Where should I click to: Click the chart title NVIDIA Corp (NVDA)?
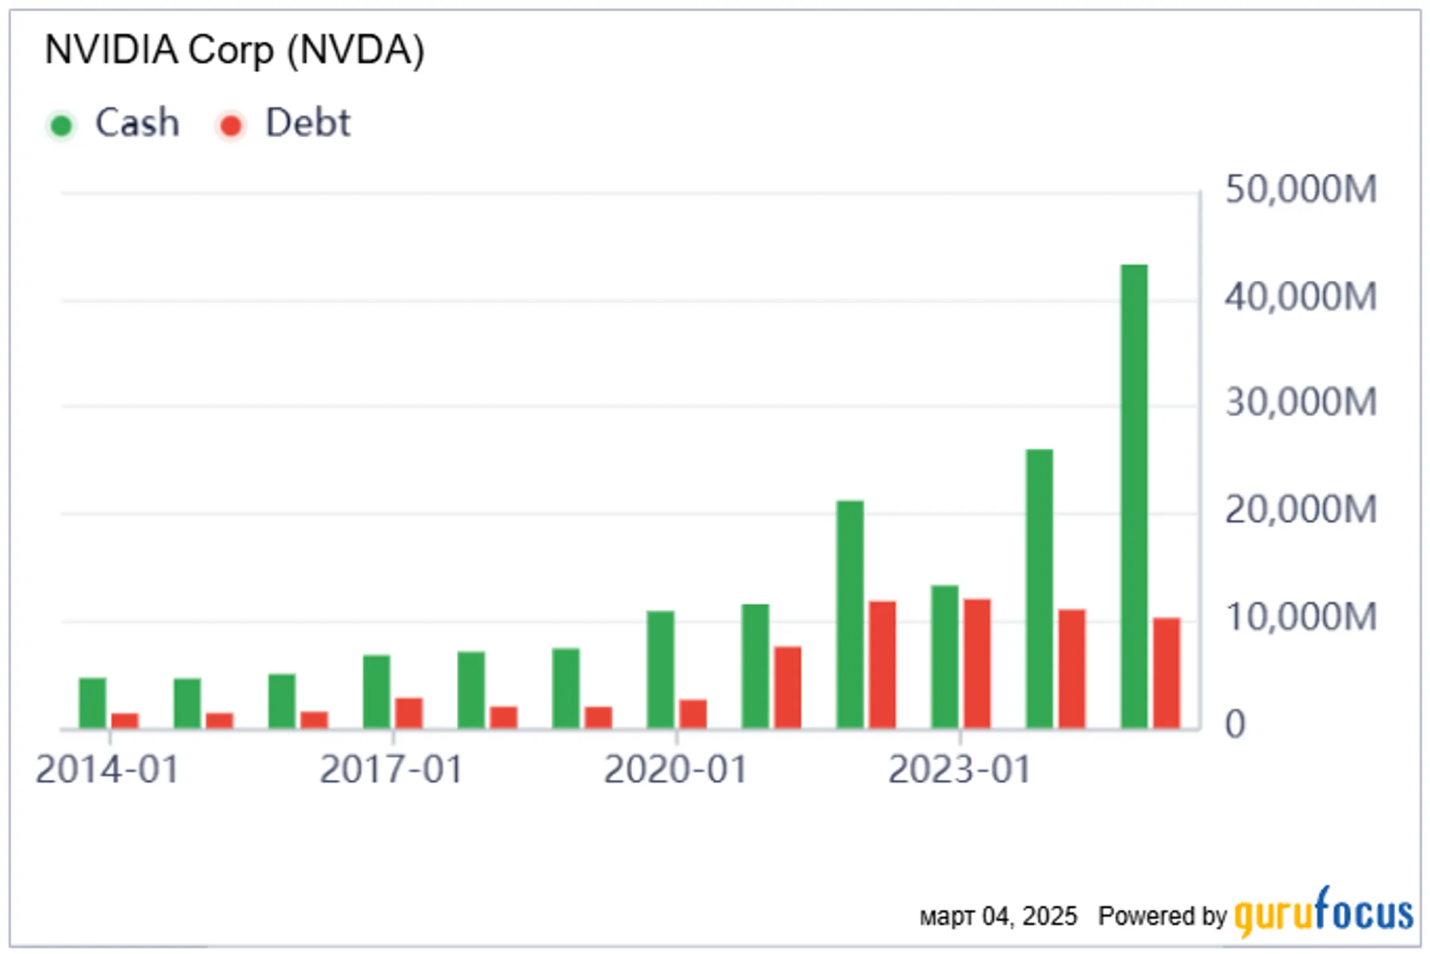pos(234,50)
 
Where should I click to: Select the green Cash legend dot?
pos(62,125)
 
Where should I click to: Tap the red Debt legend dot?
pos(231,125)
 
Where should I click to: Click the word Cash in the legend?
pos(137,122)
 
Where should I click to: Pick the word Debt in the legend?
pos(308,122)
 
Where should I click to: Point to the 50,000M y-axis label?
pos(1301,189)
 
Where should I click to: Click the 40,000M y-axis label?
pos(1301,297)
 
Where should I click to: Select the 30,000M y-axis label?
pos(1301,403)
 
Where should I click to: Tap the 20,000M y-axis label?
pos(1301,510)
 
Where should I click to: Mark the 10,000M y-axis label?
pos(1301,617)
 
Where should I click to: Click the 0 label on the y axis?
pos(1235,724)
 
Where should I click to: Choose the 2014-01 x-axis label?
pos(107,770)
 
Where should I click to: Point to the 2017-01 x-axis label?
pos(391,770)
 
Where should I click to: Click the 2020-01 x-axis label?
pos(675,770)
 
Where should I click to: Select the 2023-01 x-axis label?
pos(959,770)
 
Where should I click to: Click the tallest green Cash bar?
pos(1134,497)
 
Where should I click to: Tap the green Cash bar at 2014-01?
pos(93,703)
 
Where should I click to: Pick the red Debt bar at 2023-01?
pos(977,664)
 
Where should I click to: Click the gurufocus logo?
pos(1324,912)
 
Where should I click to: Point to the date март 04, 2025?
pos(998,917)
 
